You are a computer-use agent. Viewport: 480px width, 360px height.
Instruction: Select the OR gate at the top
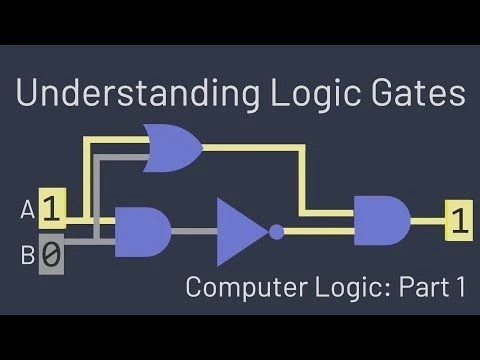[x=172, y=148]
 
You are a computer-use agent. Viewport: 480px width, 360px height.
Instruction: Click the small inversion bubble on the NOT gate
[x=276, y=232]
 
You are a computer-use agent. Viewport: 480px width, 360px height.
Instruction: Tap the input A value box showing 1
[x=53, y=210]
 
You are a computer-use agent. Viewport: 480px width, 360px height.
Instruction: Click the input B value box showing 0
[x=51, y=256]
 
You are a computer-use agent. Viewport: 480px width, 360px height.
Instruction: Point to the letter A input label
[x=27, y=211]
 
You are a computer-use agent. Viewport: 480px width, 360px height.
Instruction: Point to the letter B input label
[x=27, y=257]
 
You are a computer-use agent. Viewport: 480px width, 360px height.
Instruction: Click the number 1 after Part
[x=460, y=288]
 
